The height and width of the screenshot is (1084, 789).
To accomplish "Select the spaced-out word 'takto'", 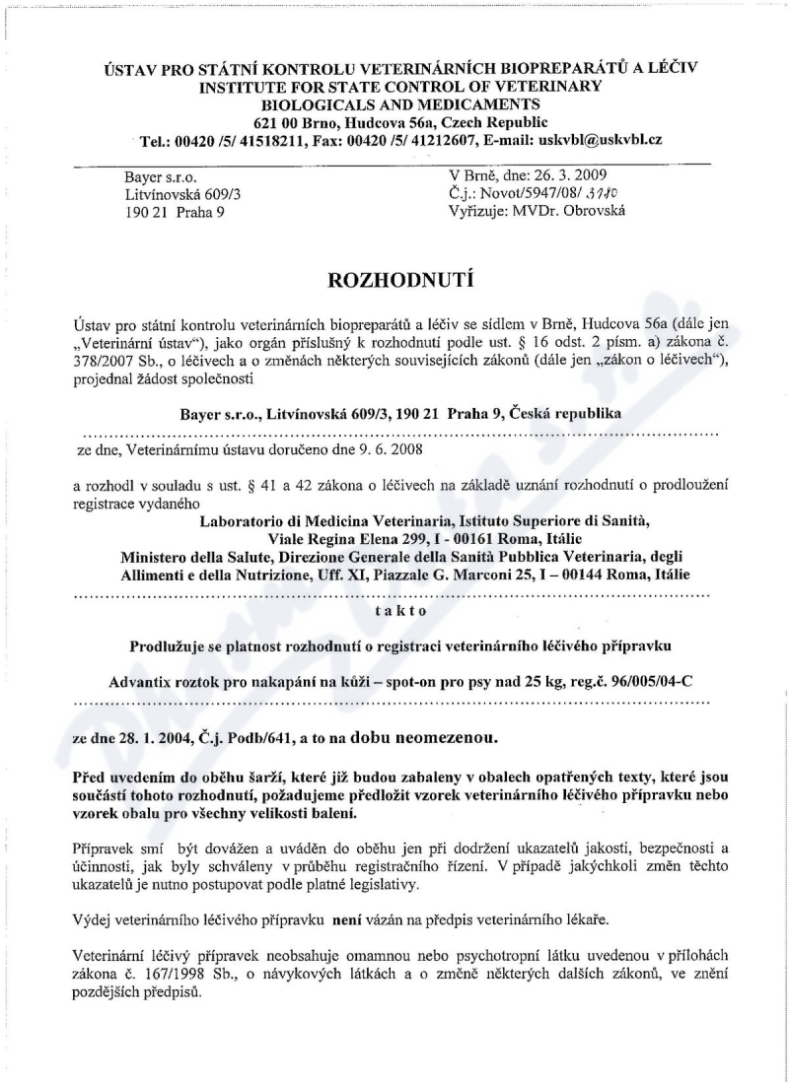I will [x=400, y=611].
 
